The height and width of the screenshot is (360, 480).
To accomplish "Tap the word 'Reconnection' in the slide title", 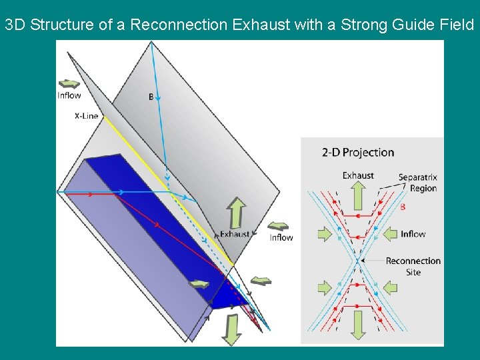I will point(179,25).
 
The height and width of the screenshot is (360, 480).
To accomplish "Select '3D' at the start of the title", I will point(16,25).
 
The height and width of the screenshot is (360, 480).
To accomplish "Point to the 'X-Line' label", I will point(86,116).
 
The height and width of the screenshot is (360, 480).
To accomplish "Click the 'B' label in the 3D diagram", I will point(151,97).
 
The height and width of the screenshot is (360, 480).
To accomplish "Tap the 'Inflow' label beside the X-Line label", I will point(69,95).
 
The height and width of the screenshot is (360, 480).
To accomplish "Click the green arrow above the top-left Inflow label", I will point(69,83).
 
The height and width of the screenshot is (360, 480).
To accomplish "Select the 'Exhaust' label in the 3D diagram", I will point(235,234).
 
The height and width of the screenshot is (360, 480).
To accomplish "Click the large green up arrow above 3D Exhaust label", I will point(236,212).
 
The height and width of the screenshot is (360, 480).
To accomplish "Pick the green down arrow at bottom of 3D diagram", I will point(231,329).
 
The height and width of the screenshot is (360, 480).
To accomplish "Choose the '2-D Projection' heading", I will point(358,153).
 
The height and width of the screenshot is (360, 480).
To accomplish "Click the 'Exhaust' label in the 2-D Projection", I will point(358,175).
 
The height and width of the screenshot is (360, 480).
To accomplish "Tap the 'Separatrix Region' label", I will point(418,183).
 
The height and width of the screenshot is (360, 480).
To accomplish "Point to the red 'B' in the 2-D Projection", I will point(403,207).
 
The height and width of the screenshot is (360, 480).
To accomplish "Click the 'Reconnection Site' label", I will point(413,266).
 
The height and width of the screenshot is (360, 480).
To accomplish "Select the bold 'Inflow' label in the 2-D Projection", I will point(413,234).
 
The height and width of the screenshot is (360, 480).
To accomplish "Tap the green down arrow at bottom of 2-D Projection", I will point(358,325).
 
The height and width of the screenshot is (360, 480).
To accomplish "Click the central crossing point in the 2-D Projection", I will point(358,261).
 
